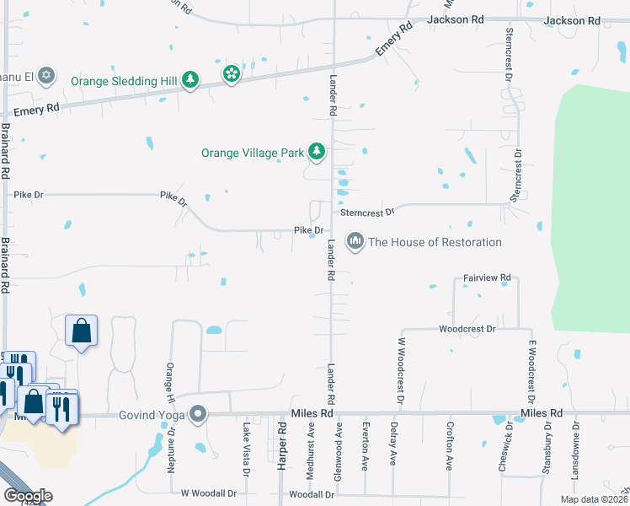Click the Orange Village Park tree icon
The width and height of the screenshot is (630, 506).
point(317,152)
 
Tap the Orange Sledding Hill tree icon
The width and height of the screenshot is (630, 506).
point(191,81)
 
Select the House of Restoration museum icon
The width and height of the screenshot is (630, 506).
point(355,242)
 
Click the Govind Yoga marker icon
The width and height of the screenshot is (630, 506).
point(198,413)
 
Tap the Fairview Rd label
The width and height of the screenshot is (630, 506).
point(488,277)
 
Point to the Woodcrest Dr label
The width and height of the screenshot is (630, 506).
point(467,328)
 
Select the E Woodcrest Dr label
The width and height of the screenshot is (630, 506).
point(532,371)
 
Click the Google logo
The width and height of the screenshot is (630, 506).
point(28,496)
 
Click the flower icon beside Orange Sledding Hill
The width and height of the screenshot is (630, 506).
point(231,75)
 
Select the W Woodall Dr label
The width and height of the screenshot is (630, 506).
point(206,492)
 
